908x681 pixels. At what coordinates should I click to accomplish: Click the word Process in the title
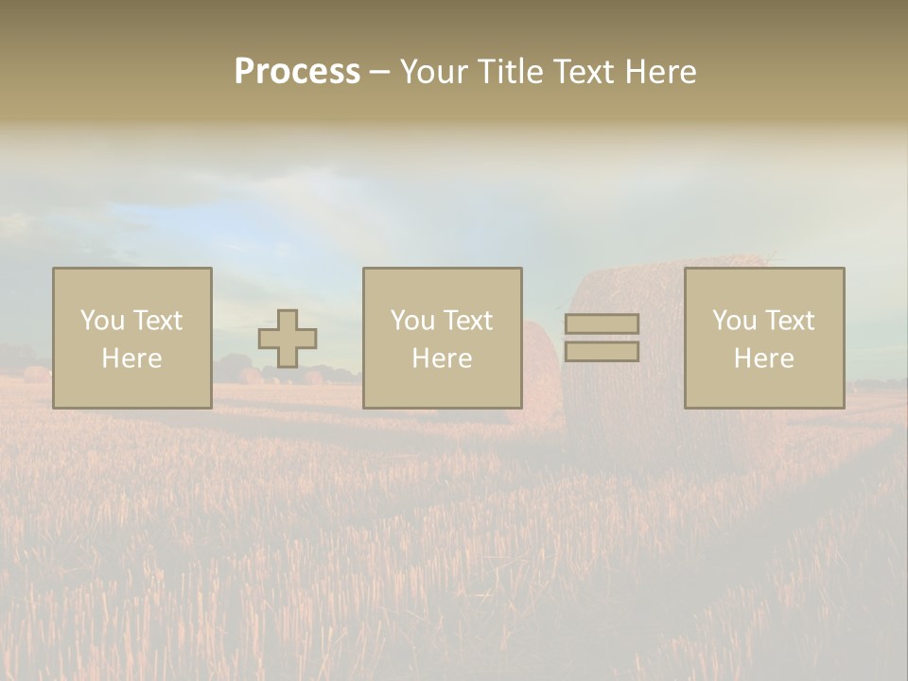(x=297, y=72)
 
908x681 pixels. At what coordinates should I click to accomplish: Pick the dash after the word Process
(x=379, y=73)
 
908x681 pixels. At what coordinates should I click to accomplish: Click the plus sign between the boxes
(x=288, y=339)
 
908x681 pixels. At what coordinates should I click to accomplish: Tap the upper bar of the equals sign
(x=602, y=323)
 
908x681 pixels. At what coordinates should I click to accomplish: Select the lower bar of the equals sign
(x=602, y=351)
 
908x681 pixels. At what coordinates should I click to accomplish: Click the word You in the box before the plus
(x=101, y=321)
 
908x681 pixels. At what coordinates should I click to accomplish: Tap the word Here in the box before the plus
(x=131, y=358)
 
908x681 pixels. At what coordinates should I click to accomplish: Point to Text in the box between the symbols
(x=468, y=321)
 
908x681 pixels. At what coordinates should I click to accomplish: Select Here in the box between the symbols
(x=442, y=358)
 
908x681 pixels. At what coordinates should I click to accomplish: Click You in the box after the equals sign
(x=733, y=321)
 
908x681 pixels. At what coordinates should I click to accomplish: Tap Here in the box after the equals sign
(x=763, y=358)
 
